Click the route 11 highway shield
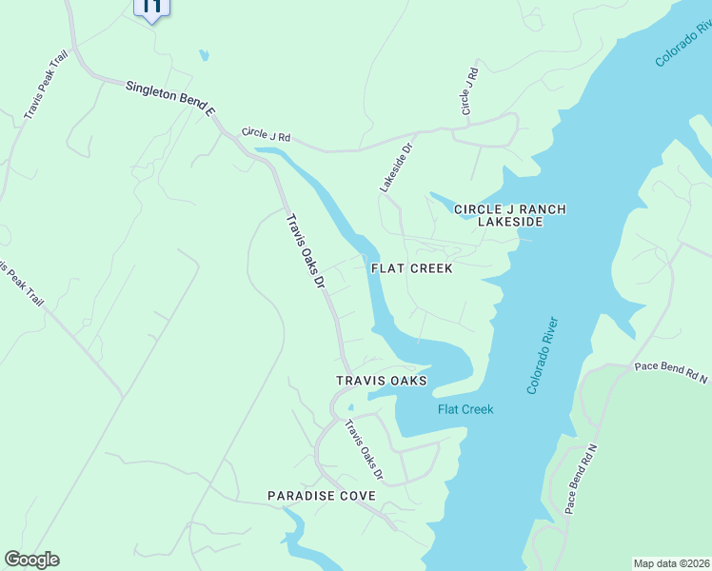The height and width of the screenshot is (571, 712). point(151,8)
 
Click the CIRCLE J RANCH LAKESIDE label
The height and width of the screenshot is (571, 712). point(497,215)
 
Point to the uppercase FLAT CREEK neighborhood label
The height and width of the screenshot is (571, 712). point(411,268)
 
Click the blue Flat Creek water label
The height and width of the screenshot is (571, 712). point(465,410)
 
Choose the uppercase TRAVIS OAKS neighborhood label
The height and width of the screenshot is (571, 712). point(382,381)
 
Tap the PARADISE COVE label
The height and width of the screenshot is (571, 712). point(322,496)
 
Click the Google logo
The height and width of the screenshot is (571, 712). point(31,560)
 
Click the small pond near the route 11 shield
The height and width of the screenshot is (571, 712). point(204,55)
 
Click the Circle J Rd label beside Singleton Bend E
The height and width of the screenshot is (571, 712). point(266,136)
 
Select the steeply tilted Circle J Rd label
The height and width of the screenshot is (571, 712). point(468,92)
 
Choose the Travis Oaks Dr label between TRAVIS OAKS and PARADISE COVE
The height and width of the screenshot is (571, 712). point(364,450)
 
